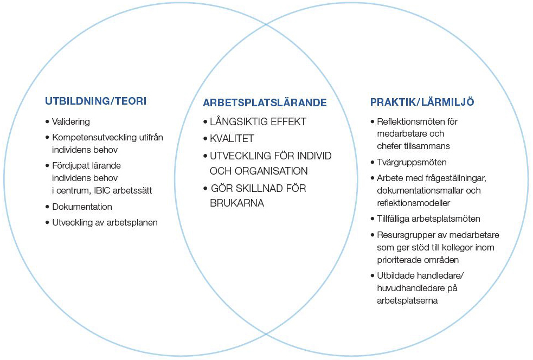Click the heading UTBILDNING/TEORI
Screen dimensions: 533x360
(96, 101)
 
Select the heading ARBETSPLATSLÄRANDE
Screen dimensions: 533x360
(265, 102)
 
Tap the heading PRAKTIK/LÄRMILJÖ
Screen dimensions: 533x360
(422, 101)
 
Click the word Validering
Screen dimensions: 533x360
(71, 121)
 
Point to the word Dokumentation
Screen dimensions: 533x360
(82, 207)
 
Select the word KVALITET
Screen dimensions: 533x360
(232, 139)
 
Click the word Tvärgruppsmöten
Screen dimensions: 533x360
(412, 163)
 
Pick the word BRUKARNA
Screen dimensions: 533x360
(237, 203)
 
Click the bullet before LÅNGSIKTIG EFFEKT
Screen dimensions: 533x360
(205, 121)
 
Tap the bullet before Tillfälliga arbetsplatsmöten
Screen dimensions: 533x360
(372, 219)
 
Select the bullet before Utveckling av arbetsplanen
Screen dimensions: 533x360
(47, 223)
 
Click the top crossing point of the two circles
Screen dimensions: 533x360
(266, 24)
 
